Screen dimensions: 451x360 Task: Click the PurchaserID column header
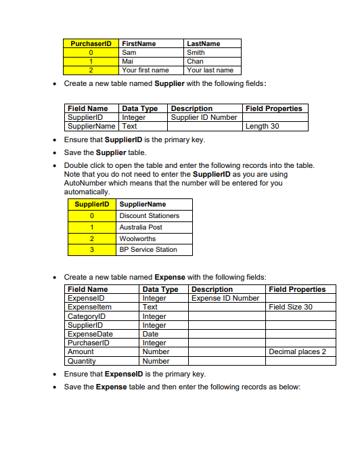(91, 43)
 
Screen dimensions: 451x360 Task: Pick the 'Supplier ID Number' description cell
(204, 117)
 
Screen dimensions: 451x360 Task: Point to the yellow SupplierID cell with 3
(91, 250)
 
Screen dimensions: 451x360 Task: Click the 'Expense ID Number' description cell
(225, 298)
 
